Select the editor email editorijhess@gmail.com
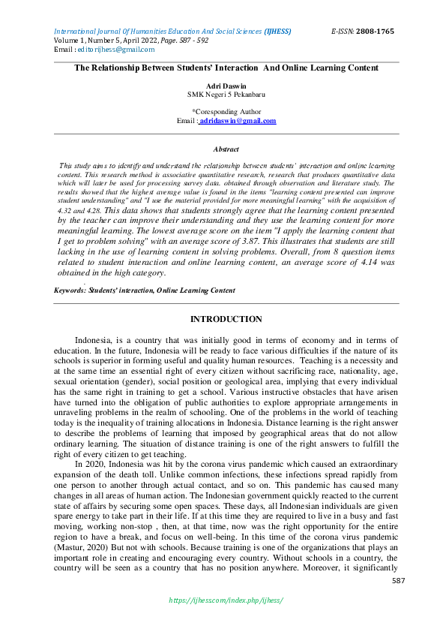[117, 50]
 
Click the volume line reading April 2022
[111, 41]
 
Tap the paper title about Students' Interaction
[226, 68]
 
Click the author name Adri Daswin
[226, 86]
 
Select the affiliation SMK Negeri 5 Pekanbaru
[226, 95]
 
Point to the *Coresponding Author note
[226, 111]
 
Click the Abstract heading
[226, 149]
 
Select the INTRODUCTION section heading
[226, 320]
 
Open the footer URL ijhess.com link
[226, 600]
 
